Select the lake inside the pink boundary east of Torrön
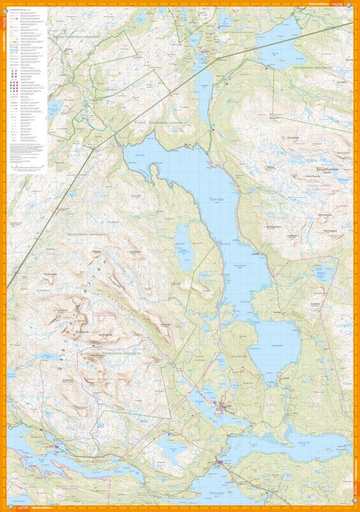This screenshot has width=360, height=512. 324,272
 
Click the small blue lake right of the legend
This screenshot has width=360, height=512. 55,106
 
